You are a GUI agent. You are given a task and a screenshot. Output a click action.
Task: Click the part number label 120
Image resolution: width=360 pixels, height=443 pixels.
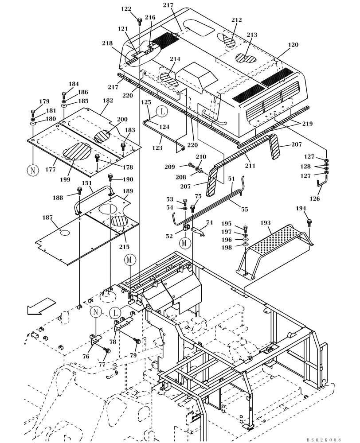pyautogui.click(x=293, y=45)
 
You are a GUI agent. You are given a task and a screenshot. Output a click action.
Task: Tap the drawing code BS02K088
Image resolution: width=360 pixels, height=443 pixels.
pyautogui.click(x=324, y=439)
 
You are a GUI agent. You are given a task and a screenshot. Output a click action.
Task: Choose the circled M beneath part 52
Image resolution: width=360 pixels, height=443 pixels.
pyautogui.click(x=185, y=243)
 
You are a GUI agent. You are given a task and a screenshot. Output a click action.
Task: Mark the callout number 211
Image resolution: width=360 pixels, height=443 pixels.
pyautogui.click(x=250, y=166)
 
